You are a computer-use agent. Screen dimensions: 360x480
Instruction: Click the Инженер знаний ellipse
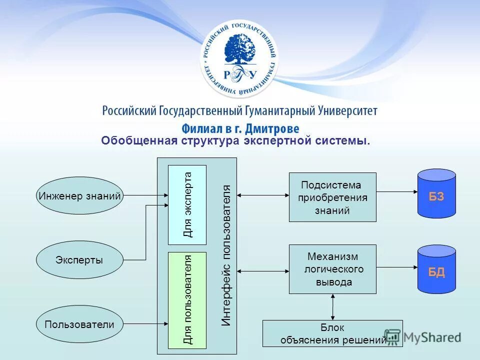pyautogui.click(x=79, y=196)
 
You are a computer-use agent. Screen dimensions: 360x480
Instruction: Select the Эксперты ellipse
pyautogui.click(x=79, y=260)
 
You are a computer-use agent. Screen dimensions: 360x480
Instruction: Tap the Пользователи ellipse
pyautogui.click(x=79, y=324)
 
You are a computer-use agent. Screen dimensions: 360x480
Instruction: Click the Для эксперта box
pyautogui.click(x=187, y=204)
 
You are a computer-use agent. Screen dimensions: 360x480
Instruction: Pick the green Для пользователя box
pyautogui.click(x=187, y=300)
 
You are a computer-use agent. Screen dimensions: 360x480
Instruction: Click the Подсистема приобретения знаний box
pyautogui.click(x=332, y=197)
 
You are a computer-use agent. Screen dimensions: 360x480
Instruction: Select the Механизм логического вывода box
pyautogui.click(x=332, y=269)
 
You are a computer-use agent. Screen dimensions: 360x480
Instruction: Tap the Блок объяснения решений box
pyautogui.click(x=332, y=333)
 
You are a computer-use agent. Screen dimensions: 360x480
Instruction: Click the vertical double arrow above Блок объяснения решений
pyautogui.click(x=332, y=306)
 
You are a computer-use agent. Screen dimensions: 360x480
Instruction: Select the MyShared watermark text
pyautogui.click(x=431, y=337)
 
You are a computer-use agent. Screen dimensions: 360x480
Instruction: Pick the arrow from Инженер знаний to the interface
pyautogui.click(x=145, y=196)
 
